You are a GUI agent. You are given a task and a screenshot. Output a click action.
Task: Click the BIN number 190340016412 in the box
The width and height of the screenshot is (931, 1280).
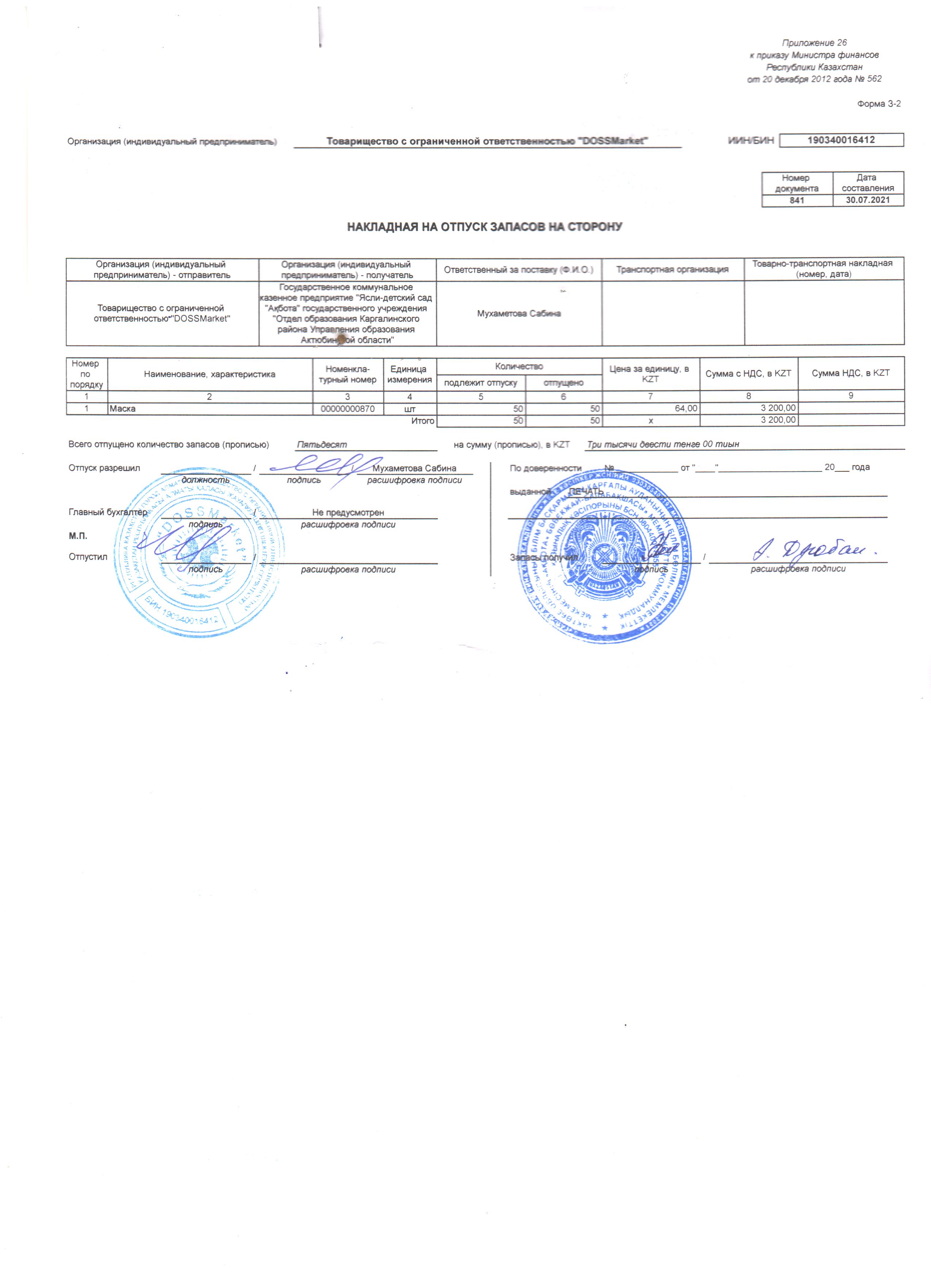(841, 140)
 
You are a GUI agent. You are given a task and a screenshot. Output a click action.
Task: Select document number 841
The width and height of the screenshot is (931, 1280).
(797, 200)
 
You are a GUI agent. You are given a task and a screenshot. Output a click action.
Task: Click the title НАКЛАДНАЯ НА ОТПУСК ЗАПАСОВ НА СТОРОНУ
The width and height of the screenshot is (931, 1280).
(484, 227)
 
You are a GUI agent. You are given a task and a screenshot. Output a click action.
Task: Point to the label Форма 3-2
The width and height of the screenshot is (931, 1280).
(878, 104)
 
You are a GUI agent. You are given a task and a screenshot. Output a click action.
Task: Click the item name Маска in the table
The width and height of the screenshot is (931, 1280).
(123, 409)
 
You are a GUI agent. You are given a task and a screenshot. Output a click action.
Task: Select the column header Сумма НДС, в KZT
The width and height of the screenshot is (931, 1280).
(850, 373)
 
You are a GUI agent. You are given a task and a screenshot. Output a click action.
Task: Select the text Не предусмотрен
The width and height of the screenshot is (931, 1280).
(348, 512)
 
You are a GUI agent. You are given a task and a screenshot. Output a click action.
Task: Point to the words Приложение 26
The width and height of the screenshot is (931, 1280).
(813, 43)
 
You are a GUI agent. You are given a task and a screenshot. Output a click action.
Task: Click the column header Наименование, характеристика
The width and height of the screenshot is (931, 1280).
(210, 374)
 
